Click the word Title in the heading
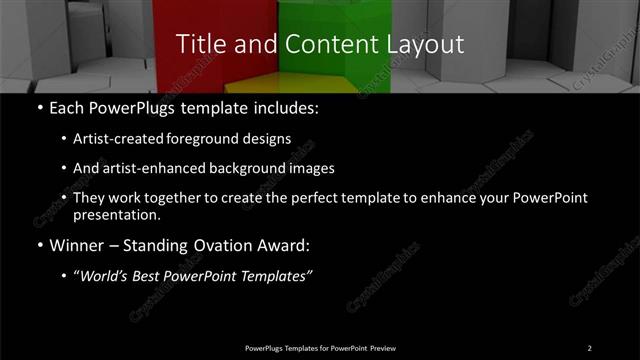click(x=197, y=44)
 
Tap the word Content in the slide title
click(x=316, y=44)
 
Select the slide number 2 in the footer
click(x=589, y=347)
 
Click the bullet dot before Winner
click(x=38, y=245)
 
